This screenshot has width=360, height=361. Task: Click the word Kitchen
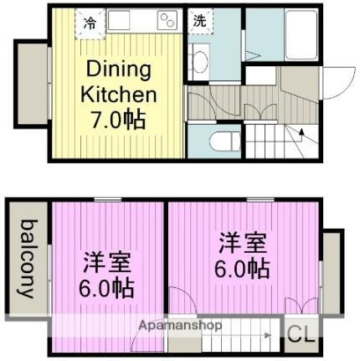[118, 94]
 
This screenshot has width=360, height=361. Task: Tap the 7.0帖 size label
[117, 118]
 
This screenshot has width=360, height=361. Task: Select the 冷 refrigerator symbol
[89, 22]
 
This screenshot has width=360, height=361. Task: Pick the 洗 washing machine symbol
[198, 22]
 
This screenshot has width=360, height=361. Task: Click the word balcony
[28, 259]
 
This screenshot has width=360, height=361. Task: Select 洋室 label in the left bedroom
[105, 262]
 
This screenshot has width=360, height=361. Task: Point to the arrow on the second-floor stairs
[266, 335]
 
